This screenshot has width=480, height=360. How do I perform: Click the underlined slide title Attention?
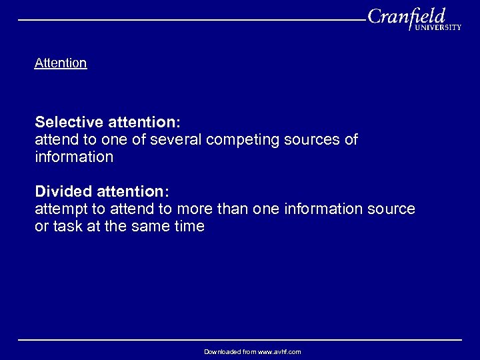tap(61, 63)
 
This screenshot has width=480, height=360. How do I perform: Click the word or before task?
tap(41, 227)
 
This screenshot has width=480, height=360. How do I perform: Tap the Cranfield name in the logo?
tap(405, 17)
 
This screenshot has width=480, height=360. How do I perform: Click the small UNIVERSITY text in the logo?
tap(437, 28)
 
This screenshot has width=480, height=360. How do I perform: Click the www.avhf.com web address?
tap(275, 351)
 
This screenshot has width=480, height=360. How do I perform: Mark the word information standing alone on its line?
tap(74, 157)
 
